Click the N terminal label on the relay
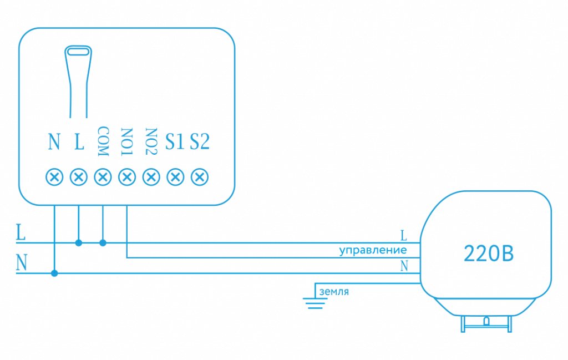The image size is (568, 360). (54, 143)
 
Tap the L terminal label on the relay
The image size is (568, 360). (79, 143)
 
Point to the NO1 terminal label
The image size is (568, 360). (127, 143)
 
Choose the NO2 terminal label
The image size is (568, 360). (151, 143)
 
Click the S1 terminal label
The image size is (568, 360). (175, 142)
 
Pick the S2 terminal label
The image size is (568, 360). (200, 142)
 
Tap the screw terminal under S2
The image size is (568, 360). (199, 177)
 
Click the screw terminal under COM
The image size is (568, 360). (103, 177)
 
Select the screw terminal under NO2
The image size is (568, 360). (151, 177)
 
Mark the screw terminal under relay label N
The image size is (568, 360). (54, 177)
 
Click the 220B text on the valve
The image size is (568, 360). (488, 254)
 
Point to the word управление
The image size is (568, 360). (373, 251)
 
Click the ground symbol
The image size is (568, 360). (314, 303)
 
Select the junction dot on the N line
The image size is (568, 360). (54, 273)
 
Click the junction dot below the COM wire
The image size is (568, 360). (103, 243)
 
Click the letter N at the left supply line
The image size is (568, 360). (22, 263)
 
